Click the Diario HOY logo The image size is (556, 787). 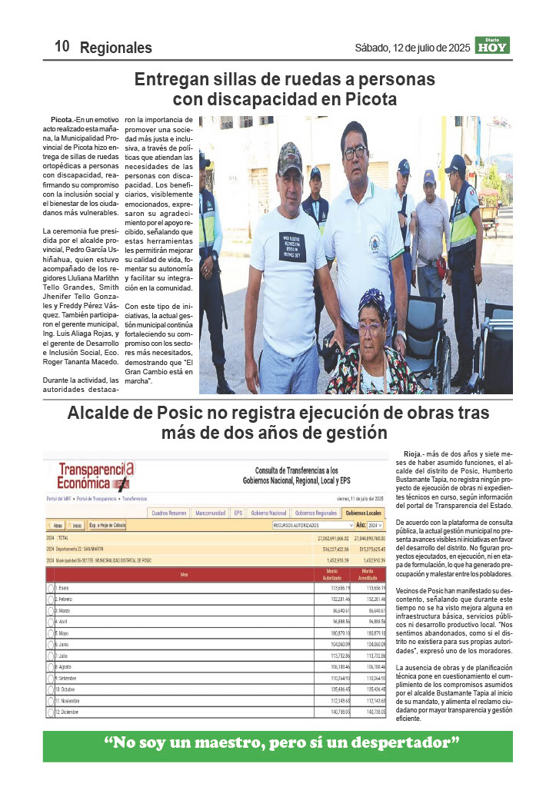click(x=492, y=45)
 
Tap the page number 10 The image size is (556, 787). click(x=62, y=46)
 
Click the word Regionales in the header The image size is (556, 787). click(x=116, y=48)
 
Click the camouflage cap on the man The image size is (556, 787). click(x=289, y=158)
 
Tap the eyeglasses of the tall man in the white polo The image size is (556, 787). click(x=355, y=152)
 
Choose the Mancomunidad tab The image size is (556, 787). click(x=210, y=513)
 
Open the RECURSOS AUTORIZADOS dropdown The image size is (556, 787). click(x=313, y=525)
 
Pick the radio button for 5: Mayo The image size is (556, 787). click(x=51, y=632)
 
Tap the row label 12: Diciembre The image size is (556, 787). click(x=68, y=712)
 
